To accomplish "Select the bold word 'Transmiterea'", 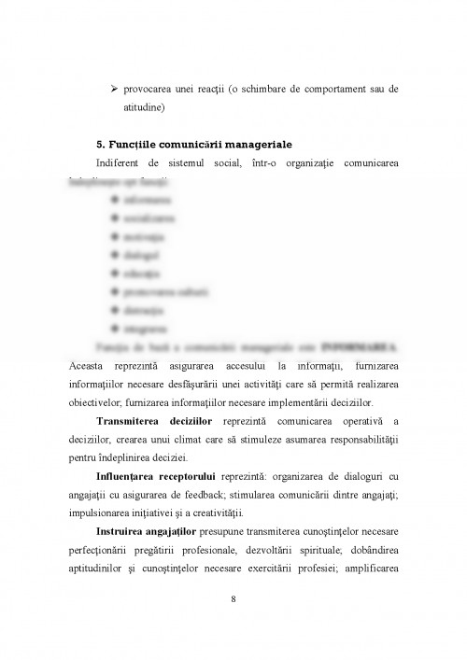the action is tap(134, 421).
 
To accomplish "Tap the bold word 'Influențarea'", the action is tap(133, 476).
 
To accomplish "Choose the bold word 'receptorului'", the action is tap(206, 476).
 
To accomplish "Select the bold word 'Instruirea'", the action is tap(128, 531).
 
